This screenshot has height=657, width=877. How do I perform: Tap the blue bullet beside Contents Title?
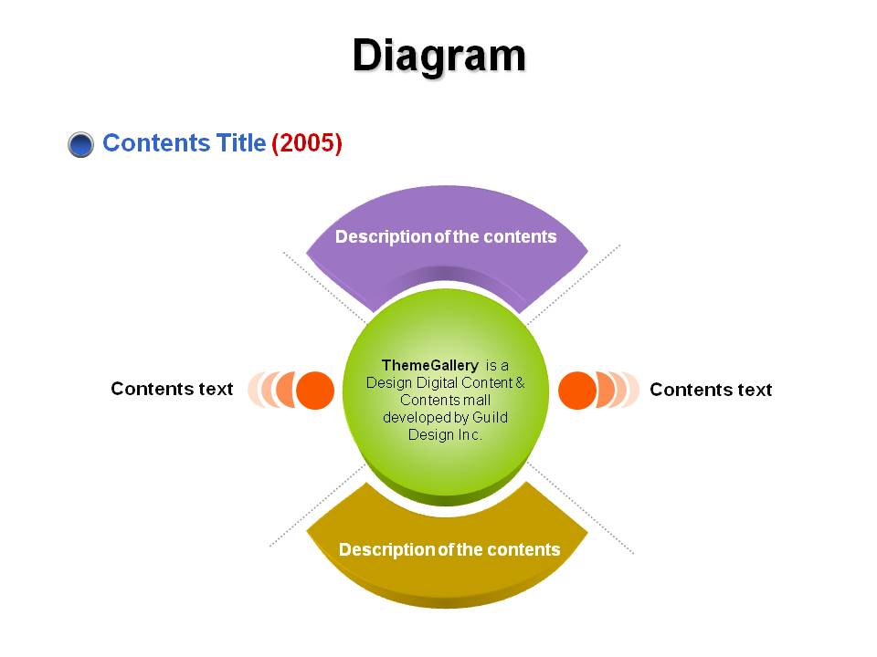[80, 145]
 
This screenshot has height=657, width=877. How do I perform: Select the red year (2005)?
[307, 143]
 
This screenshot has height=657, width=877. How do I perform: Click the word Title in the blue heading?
[240, 142]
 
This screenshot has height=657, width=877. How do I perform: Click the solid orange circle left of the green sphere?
[315, 390]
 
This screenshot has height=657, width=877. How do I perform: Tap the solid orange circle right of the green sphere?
[577, 390]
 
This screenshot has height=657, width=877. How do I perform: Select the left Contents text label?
[172, 389]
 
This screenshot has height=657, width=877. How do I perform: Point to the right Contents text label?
[711, 390]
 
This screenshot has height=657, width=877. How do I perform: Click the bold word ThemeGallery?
[429, 365]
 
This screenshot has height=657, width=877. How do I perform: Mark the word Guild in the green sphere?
[490, 417]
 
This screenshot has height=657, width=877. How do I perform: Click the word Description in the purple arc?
[383, 237]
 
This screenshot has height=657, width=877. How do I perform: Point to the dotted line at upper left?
[325, 288]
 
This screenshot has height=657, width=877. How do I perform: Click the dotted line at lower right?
[581, 508]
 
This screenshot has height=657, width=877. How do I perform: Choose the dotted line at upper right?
[574, 285]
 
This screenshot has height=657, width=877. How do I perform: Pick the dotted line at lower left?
[318, 505]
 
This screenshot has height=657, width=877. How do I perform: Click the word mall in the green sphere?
[477, 400]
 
